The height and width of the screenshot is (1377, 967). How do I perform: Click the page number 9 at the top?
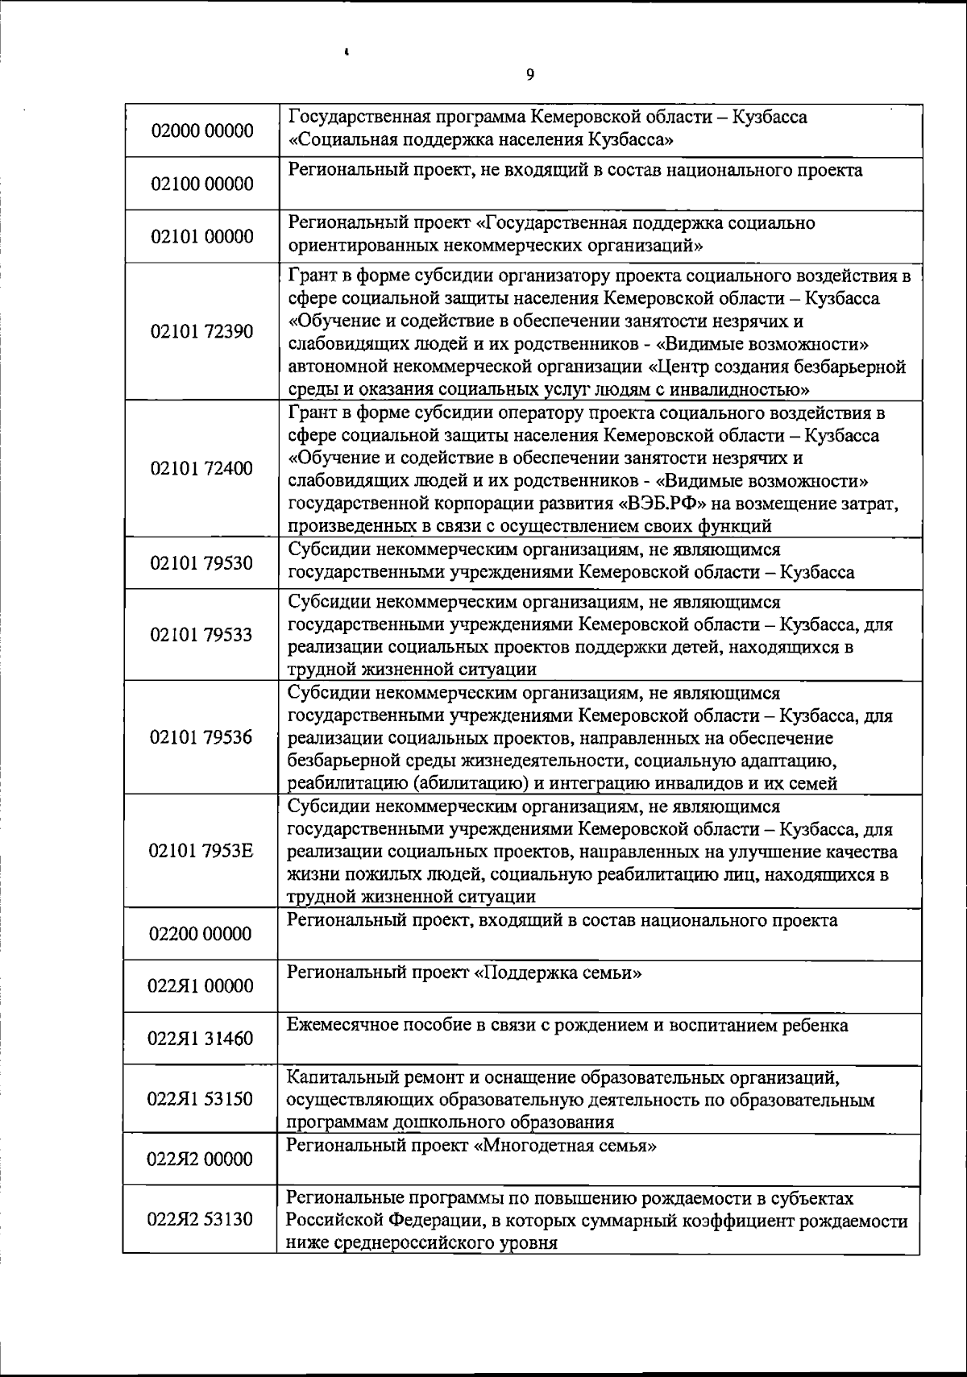[529, 75]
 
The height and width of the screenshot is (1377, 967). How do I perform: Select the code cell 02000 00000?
[201, 131]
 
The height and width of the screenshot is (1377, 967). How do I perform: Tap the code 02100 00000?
[201, 184]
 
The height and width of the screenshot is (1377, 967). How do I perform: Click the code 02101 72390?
[201, 332]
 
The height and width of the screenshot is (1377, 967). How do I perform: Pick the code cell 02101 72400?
[201, 469]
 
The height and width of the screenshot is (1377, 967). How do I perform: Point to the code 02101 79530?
[201, 562]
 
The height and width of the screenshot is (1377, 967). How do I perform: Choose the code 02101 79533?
[201, 635]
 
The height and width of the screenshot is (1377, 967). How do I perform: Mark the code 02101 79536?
[201, 737]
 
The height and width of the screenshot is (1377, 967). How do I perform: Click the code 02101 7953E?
[201, 851]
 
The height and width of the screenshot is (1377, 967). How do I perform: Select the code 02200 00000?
[201, 934]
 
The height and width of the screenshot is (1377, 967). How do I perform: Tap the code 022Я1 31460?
[201, 1038]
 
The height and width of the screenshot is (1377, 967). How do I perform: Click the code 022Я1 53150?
[201, 1099]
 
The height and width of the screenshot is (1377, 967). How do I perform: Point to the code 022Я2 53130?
[201, 1219]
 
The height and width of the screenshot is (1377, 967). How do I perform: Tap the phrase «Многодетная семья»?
[564, 1146]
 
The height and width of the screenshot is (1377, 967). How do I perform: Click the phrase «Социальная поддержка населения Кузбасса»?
[481, 140]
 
